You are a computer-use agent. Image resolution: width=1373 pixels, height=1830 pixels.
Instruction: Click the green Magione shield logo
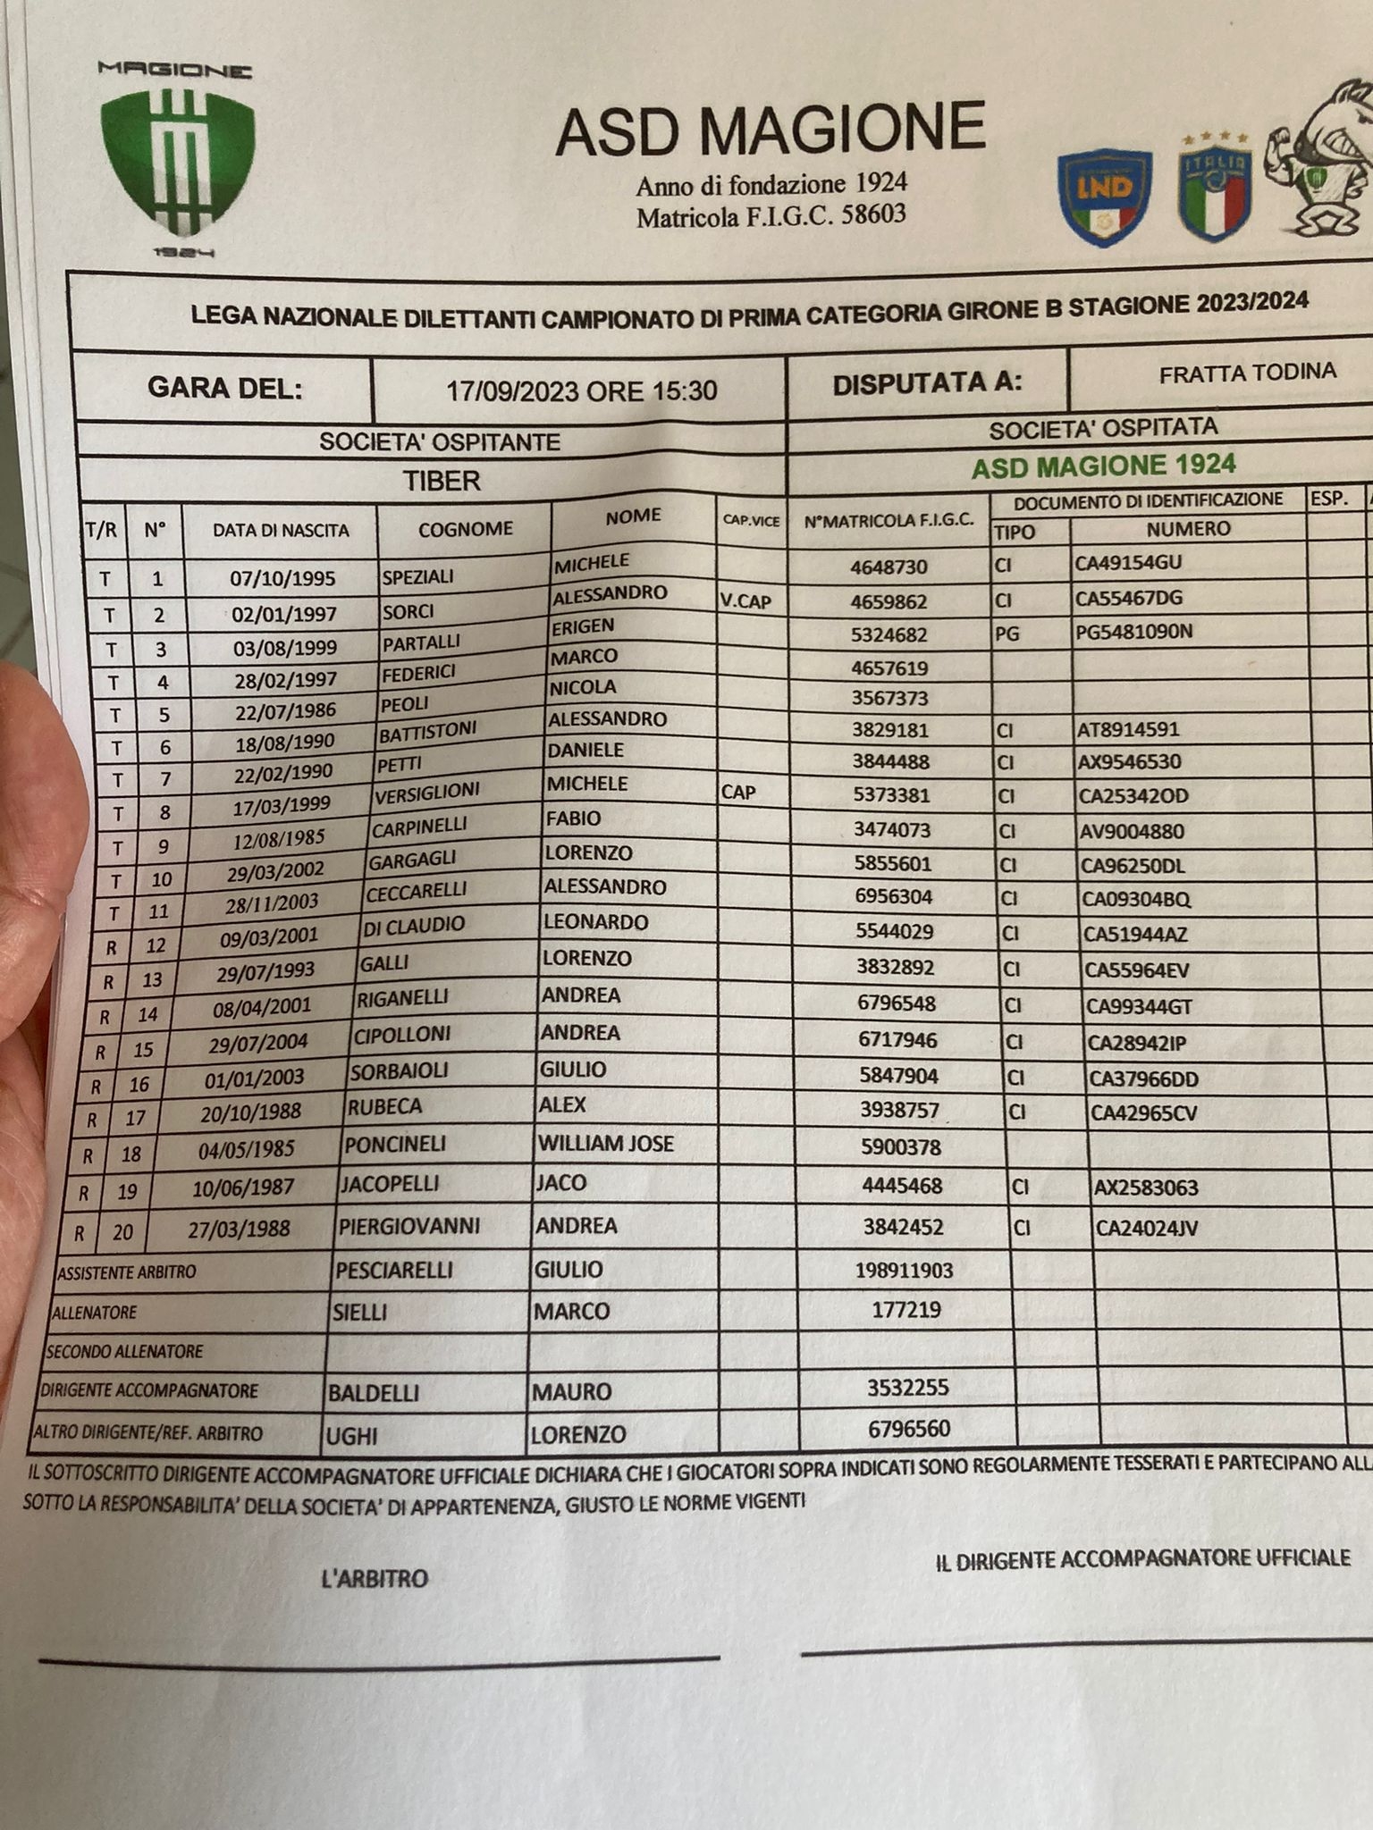[x=176, y=165]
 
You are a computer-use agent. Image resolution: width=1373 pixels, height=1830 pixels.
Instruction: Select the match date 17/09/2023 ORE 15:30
[x=581, y=390]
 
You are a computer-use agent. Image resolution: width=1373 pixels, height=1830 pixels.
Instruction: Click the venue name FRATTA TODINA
[x=1247, y=373]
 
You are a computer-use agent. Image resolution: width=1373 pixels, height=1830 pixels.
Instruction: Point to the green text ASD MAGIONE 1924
[x=1103, y=466]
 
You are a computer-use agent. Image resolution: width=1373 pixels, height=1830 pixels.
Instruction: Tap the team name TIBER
[x=442, y=481]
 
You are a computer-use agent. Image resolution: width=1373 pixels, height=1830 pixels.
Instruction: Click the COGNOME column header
[x=465, y=529]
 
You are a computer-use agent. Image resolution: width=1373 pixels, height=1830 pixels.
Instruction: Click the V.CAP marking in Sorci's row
[x=745, y=601]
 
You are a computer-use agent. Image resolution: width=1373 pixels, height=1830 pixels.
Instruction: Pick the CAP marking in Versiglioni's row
[x=738, y=792]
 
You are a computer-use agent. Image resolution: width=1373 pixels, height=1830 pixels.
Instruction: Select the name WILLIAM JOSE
[x=605, y=1144]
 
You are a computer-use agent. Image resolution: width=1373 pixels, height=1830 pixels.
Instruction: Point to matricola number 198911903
[x=903, y=1270]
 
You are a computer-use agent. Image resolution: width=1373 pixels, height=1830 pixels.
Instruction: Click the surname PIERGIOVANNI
[x=409, y=1226]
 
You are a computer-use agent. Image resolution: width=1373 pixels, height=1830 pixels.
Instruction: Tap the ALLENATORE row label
[x=95, y=1313]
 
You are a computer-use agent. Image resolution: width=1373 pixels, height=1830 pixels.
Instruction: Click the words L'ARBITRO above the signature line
[x=375, y=1579]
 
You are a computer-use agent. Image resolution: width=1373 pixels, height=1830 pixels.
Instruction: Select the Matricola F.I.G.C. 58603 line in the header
[x=771, y=215]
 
